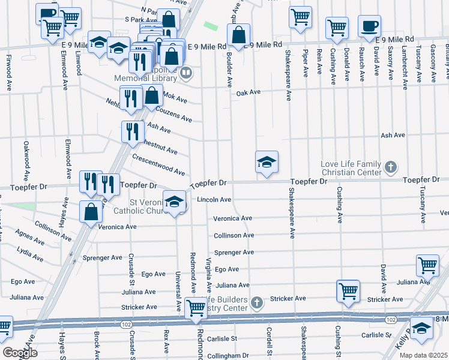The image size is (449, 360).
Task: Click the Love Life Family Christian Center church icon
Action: tap(390, 166)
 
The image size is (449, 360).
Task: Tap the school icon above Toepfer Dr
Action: tap(267, 162)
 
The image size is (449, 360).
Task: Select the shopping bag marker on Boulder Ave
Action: tap(239, 35)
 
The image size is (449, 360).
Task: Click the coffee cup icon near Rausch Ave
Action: tap(369, 26)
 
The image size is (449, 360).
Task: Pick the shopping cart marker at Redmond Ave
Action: tap(196, 308)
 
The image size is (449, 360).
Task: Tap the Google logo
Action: tap(19, 352)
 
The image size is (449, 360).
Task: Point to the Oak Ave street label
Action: tap(248, 92)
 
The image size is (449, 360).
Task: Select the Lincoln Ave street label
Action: tap(214, 200)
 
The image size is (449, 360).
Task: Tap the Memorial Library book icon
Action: tap(186, 73)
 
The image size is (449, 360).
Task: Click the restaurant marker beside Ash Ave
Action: tap(132, 131)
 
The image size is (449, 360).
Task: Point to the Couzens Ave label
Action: tap(173, 114)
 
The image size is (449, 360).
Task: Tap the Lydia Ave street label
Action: tap(30, 254)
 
